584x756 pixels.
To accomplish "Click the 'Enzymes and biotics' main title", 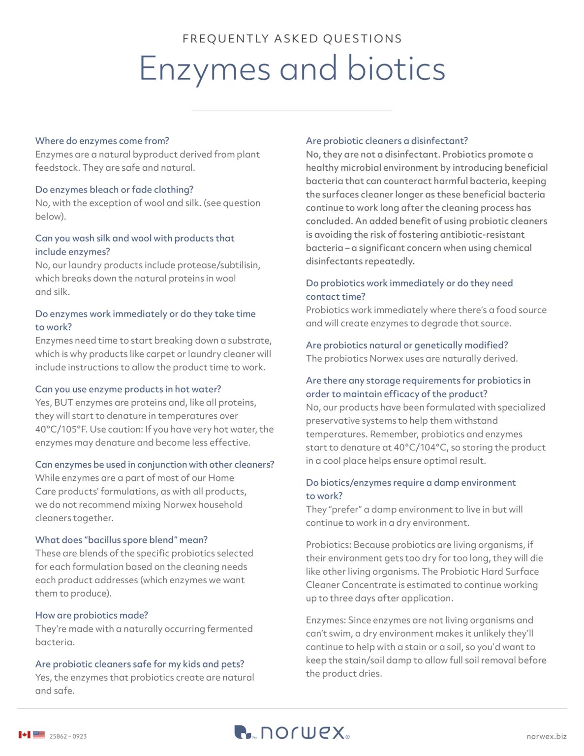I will pos(292,68).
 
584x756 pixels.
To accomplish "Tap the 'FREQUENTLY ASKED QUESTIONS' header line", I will pos(292,39).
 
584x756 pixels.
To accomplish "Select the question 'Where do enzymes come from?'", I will pos(102,141).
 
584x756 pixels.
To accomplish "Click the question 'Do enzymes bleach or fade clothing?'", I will pos(114,189).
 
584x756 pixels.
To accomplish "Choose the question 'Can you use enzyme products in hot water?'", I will pos(128,389).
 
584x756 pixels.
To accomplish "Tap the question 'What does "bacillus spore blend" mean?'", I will pos(121,540).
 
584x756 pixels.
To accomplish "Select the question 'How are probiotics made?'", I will pos(92,615).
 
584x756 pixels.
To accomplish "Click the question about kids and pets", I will pos(140,664).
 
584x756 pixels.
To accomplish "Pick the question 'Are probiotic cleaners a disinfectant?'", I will pos(387,141).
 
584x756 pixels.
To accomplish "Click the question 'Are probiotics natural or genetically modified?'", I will pos(407,345).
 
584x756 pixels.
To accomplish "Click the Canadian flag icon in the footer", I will pos(24,735).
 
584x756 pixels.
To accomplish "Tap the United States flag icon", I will pos(39,735).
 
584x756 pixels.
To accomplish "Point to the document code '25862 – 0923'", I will pos(68,736).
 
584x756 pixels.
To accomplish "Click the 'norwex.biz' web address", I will pos(546,736).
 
